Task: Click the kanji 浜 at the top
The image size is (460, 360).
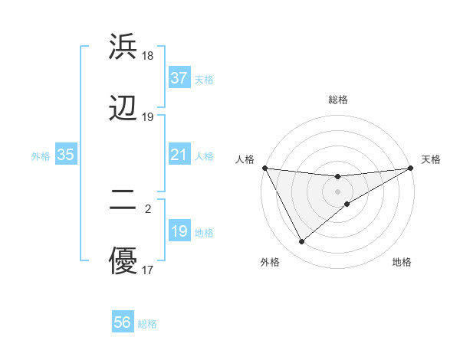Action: pos(123,47)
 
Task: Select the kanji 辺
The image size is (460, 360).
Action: pos(123,109)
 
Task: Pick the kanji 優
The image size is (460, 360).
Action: pos(123,261)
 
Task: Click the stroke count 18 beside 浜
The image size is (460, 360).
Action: pos(148,55)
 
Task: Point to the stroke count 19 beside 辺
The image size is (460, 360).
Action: pos(148,117)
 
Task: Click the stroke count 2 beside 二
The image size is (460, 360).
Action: pos(148,208)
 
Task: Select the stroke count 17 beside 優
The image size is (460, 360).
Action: pos(148,270)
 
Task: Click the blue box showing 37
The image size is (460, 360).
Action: pos(179,78)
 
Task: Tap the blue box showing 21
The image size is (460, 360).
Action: pos(179,155)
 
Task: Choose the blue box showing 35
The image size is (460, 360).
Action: pos(66,155)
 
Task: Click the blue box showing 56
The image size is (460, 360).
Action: pos(123,323)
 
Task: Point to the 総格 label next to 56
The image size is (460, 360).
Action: pos(147,324)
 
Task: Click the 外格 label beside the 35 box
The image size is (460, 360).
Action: pos(41,156)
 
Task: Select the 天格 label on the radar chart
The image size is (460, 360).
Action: pos(431,159)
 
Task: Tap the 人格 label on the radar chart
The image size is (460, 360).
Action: pos(245,159)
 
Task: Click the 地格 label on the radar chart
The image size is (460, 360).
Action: pos(402,262)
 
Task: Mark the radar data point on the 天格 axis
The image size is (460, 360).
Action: pos(411,168)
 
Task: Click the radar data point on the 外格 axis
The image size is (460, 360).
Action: pos(301,242)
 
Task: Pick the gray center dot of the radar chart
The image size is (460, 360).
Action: pos(338,191)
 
